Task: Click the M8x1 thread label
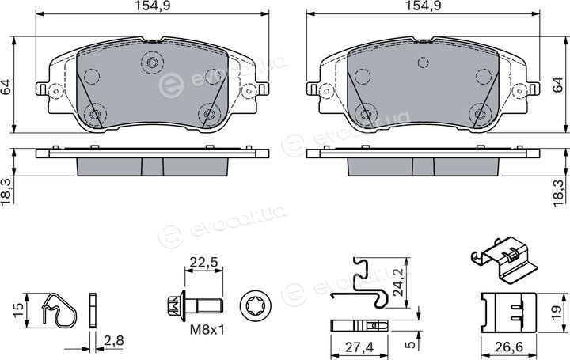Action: [x=207, y=330]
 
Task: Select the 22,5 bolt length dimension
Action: [x=203, y=262]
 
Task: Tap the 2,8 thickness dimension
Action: [x=114, y=340]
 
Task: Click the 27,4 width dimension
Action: [x=359, y=347]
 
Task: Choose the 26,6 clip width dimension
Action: [x=508, y=347]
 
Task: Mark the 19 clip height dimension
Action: [x=557, y=312]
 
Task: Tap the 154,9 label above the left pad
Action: [x=152, y=6]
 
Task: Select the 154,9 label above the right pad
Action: [x=423, y=6]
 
